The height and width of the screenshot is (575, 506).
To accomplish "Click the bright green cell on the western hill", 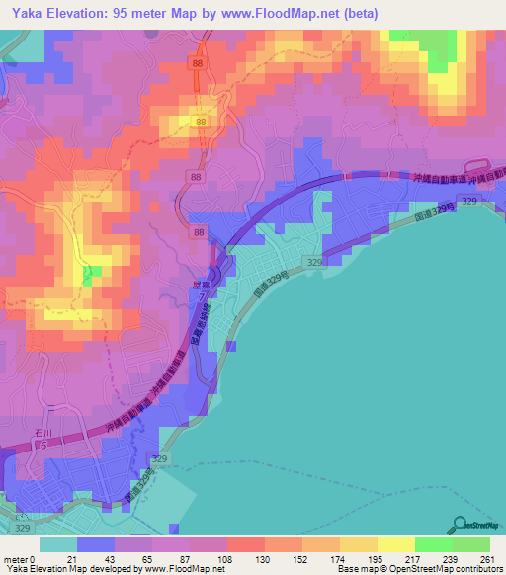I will [x=89, y=276].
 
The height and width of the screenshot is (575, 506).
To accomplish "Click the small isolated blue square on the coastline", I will [x=231, y=346].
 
